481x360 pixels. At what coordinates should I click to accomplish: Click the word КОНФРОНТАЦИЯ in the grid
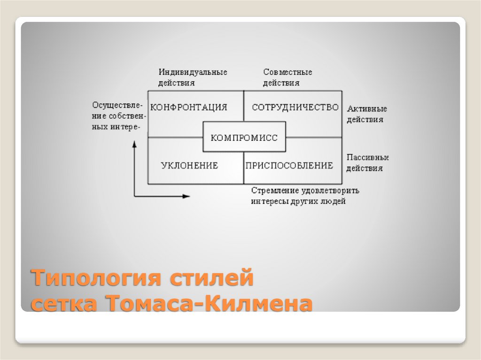pos(189,107)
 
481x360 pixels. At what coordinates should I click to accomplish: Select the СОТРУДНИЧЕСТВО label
pos(295,107)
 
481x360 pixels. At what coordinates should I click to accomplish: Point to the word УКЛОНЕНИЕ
pos(189,165)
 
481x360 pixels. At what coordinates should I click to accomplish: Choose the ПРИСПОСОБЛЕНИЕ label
pos(289,165)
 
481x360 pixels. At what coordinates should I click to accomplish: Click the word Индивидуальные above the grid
pos(193,72)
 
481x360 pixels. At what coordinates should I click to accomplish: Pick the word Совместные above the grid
pos(287,72)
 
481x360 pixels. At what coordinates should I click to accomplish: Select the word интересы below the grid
pos(268,201)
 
